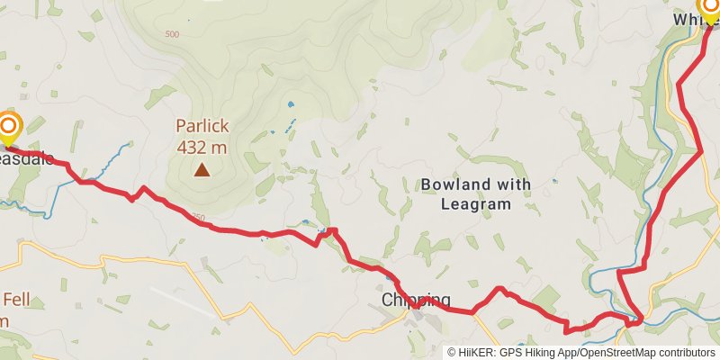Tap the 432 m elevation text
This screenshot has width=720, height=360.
pyautogui.click(x=202, y=147)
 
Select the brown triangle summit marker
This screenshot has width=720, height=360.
pyautogui.click(x=202, y=169)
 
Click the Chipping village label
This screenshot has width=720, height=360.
pyautogui.click(x=415, y=300)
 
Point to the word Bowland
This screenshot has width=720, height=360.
pyautogui.click(x=456, y=185)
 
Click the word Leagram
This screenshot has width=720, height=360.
pyautogui.click(x=476, y=204)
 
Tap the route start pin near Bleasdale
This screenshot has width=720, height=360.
pyautogui.click(x=9, y=128)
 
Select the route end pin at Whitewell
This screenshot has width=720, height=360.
pyautogui.click(x=710, y=9)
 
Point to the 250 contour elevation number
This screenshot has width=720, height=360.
pyautogui.click(x=199, y=217)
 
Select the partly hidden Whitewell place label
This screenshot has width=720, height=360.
pyautogui.click(x=688, y=19)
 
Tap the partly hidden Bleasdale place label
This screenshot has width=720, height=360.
pyautogui.click(x=27, y=158)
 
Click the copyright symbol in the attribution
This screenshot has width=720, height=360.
pyautogui.click(x=452, y=353)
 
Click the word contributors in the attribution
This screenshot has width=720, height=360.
pyautogui.click(x=686, y=353)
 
